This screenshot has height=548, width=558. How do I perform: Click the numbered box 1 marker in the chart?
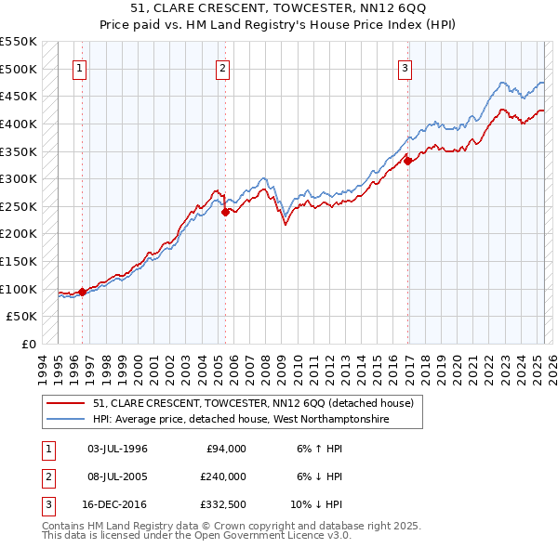pyautogui.click(x=79, y=68)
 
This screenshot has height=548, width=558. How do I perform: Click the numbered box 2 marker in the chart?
pyautogui.click(x=224, y=68)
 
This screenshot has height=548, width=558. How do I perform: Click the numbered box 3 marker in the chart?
pyautogui.click(x=405, y=68)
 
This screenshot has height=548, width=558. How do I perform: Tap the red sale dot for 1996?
pyautogui.click(x=82, y=292)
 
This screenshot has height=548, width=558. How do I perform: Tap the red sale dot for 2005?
pyautogui.click(x=225, y=212)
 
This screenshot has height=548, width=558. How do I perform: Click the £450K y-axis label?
pyautogui.click(x=19, y=96)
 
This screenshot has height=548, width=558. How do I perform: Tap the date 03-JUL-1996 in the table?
pyautogui.click(x=117, y=449)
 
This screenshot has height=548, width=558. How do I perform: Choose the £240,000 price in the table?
pyautogui.click(x=224, y=476)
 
